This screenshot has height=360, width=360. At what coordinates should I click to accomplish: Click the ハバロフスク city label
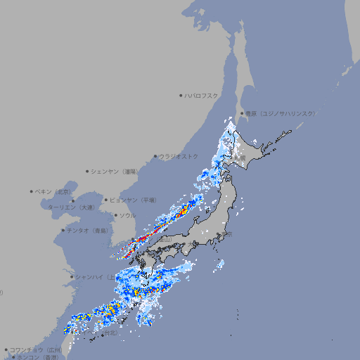point(202,95)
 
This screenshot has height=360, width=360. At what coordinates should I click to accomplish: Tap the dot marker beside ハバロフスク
point(181,95)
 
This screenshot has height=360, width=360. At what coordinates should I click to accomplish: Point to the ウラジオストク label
point(179,156)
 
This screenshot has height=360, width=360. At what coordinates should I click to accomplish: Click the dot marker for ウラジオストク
point(156,157)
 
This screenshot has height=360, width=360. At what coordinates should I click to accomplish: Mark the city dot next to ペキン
point(32,191)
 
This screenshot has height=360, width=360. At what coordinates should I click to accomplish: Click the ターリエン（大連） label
point(71,207)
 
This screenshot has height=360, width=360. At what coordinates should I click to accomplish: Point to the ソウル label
point(127,215)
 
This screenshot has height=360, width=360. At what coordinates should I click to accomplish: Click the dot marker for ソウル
point(115,215)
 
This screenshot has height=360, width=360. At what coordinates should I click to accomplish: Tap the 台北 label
point(108,335)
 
